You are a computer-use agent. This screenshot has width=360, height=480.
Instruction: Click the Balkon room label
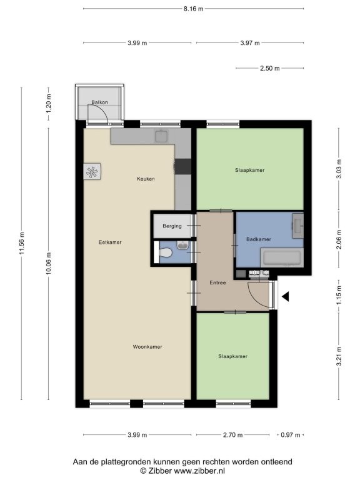99,102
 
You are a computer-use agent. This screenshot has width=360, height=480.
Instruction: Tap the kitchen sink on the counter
161,136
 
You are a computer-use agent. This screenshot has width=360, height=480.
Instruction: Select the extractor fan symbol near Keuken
92,172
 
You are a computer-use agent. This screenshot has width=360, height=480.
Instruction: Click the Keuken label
146,179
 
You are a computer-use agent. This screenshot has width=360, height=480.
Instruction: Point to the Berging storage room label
172,226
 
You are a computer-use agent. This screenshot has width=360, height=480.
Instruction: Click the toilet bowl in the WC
165,253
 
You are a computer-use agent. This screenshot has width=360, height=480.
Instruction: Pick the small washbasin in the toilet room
182,245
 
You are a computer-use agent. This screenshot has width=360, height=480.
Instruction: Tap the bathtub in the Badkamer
282,257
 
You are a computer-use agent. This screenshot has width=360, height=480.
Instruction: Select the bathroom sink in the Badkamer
297,226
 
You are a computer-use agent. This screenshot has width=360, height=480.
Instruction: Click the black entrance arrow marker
285,296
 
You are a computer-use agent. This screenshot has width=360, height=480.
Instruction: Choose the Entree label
217,282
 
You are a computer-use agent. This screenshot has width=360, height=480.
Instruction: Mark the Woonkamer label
147,347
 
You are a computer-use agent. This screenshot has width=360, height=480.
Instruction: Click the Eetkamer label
110,242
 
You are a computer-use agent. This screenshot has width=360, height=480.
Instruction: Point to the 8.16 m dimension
194,9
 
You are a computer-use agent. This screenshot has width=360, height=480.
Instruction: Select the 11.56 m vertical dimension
21,243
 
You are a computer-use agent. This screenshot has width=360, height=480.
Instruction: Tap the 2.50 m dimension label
270,68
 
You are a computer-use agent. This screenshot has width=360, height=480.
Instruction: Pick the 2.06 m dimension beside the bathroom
339,239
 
